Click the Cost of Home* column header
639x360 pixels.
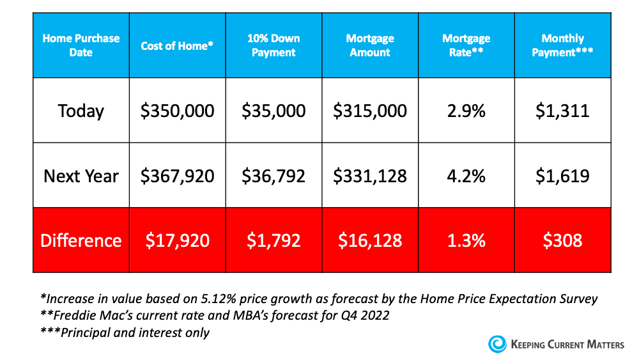pyautogui.click(x=177, y=46)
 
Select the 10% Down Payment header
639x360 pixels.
pyautogui.click(x=273, y=46)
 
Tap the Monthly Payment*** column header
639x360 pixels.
pyautogui.click(x=562, y=46)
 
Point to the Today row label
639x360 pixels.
pyautogui.click(x=81, y=111)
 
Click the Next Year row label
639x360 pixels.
pyautogui.click(x=81, y=176)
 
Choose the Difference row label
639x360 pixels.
pyautogui.click(x=81, y=240)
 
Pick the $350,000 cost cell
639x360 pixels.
pyautogui.click(x=177, y=111)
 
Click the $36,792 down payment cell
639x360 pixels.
pyautogui.click(x=273, y=176)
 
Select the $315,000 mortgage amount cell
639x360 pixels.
pyautogui.click(x=370, y=111)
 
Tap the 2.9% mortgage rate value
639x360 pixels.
pyautogui.click(x=466, y=111)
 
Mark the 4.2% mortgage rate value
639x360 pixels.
pyautogui.click(x=466, y=176)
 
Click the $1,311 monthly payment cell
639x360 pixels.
pyautogui.click(x=562, y=111)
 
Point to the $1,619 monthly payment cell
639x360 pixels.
pyautogui.click(x=562, y=176)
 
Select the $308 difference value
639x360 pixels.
pyautogui.click(x=562, y=240)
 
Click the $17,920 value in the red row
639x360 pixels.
pyautogui.click(x=177, y=240)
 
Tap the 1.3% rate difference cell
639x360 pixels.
pyautogui.click(x=466, y=240)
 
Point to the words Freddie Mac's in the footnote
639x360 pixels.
pyautogui.click(x=82, y=315)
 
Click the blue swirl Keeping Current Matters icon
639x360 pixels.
pyautogui.click(x=497, y=344)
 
